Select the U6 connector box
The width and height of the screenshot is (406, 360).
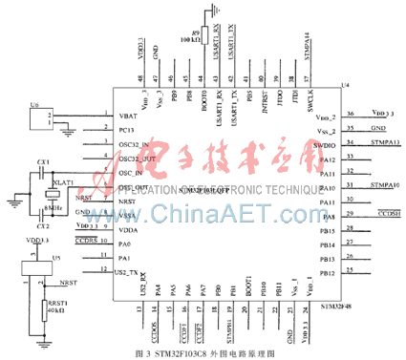coord(40,118)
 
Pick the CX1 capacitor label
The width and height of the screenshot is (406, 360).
coord(43,163)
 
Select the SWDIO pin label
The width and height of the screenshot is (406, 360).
coord(325,143)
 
